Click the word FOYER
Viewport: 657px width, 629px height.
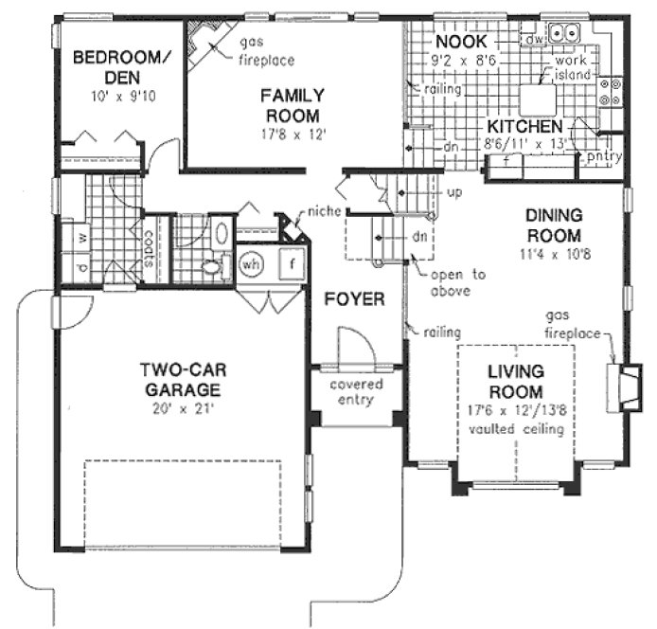(x=354, y=300)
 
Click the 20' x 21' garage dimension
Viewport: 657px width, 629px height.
(x=182, y=409)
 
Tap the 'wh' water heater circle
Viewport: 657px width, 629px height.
(x=251, y=263)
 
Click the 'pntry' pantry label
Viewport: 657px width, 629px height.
(x=602, y=154)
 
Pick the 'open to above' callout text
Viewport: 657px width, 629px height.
(x=451, y=283)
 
